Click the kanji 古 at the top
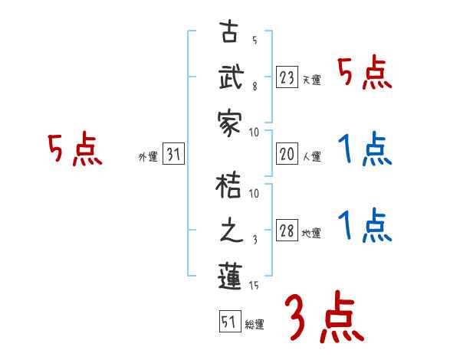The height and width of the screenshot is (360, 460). (230, 35)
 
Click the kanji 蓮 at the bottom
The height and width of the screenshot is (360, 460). (230, 275)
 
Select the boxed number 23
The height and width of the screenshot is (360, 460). (287, 77)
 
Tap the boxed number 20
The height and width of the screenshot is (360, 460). (287, 154)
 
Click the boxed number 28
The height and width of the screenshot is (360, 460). (287, 231)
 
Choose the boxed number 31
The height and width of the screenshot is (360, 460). (173, 154)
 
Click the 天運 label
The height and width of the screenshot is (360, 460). (311, 80)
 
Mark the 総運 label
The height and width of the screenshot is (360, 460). (255, 325)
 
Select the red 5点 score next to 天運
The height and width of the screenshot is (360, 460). (365, 74)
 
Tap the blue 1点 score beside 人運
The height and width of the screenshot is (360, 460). (365, 149)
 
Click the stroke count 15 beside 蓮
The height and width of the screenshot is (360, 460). (255, 285)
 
